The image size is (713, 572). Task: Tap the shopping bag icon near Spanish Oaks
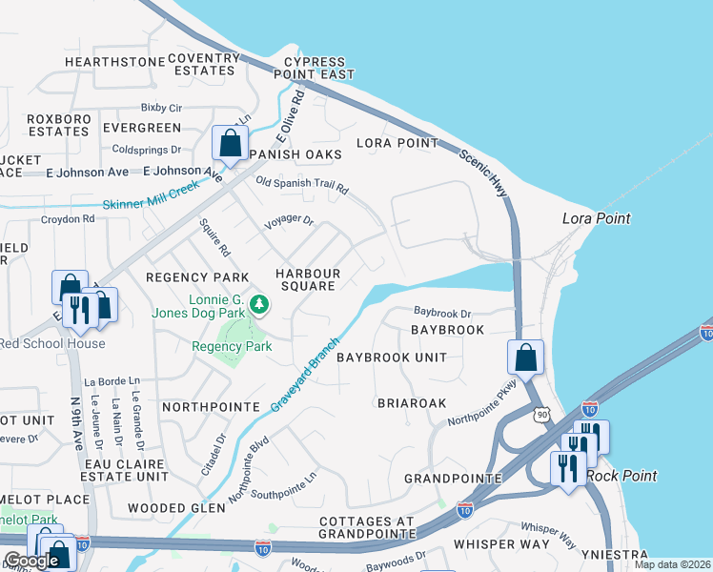(230, 144)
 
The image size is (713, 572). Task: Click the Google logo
(31, 561)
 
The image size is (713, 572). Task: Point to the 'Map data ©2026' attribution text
(671, 564)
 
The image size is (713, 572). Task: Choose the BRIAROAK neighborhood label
(412, 403)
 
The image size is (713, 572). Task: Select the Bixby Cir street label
(161, 108)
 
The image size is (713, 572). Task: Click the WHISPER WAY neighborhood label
(501, 544)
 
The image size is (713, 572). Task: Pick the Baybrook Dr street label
(442, 313)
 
